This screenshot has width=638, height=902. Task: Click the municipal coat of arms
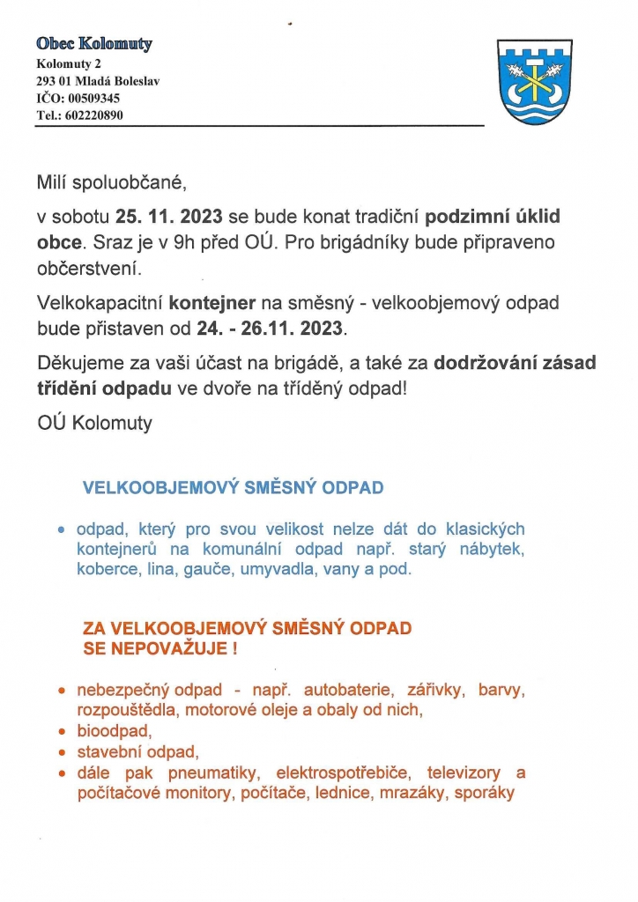point(530,81)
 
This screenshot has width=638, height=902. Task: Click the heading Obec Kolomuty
point(94,43)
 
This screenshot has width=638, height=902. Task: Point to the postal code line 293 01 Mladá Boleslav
point(98,81)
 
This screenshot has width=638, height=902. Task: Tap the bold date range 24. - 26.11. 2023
point(272,329)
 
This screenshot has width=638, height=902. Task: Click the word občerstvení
point(88,267)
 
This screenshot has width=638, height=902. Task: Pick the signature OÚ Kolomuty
point(94,424)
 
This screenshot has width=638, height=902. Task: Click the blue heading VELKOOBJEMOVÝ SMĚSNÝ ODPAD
point(233,487)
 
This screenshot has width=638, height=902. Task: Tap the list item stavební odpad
point(138,752)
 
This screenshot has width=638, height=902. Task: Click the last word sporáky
point(483,793)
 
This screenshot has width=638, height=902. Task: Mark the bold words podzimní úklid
point(493,216)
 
